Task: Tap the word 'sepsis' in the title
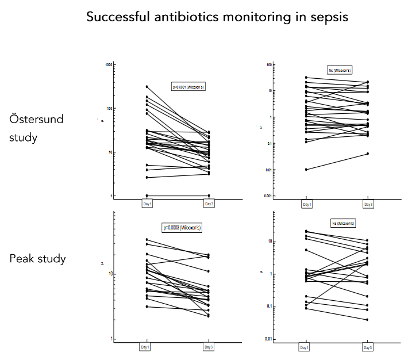(329, 17)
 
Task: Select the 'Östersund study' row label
(36, 128)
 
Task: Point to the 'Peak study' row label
(37, 258)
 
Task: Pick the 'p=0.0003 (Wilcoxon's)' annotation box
(183, 228)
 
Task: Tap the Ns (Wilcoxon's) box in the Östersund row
(340, 70)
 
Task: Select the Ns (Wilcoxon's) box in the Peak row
(341, 223)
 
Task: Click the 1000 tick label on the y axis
(107, 65)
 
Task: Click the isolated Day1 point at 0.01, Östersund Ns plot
(306, 170)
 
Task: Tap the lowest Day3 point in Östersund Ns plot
(368, 154)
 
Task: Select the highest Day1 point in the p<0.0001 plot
(147, 87)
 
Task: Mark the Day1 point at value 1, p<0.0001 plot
(147, 196)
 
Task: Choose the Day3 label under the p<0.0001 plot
(209, 204)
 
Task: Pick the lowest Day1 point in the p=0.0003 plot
(147, 307)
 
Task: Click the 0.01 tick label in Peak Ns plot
(267, 339)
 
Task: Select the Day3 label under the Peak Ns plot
(368, 347)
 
